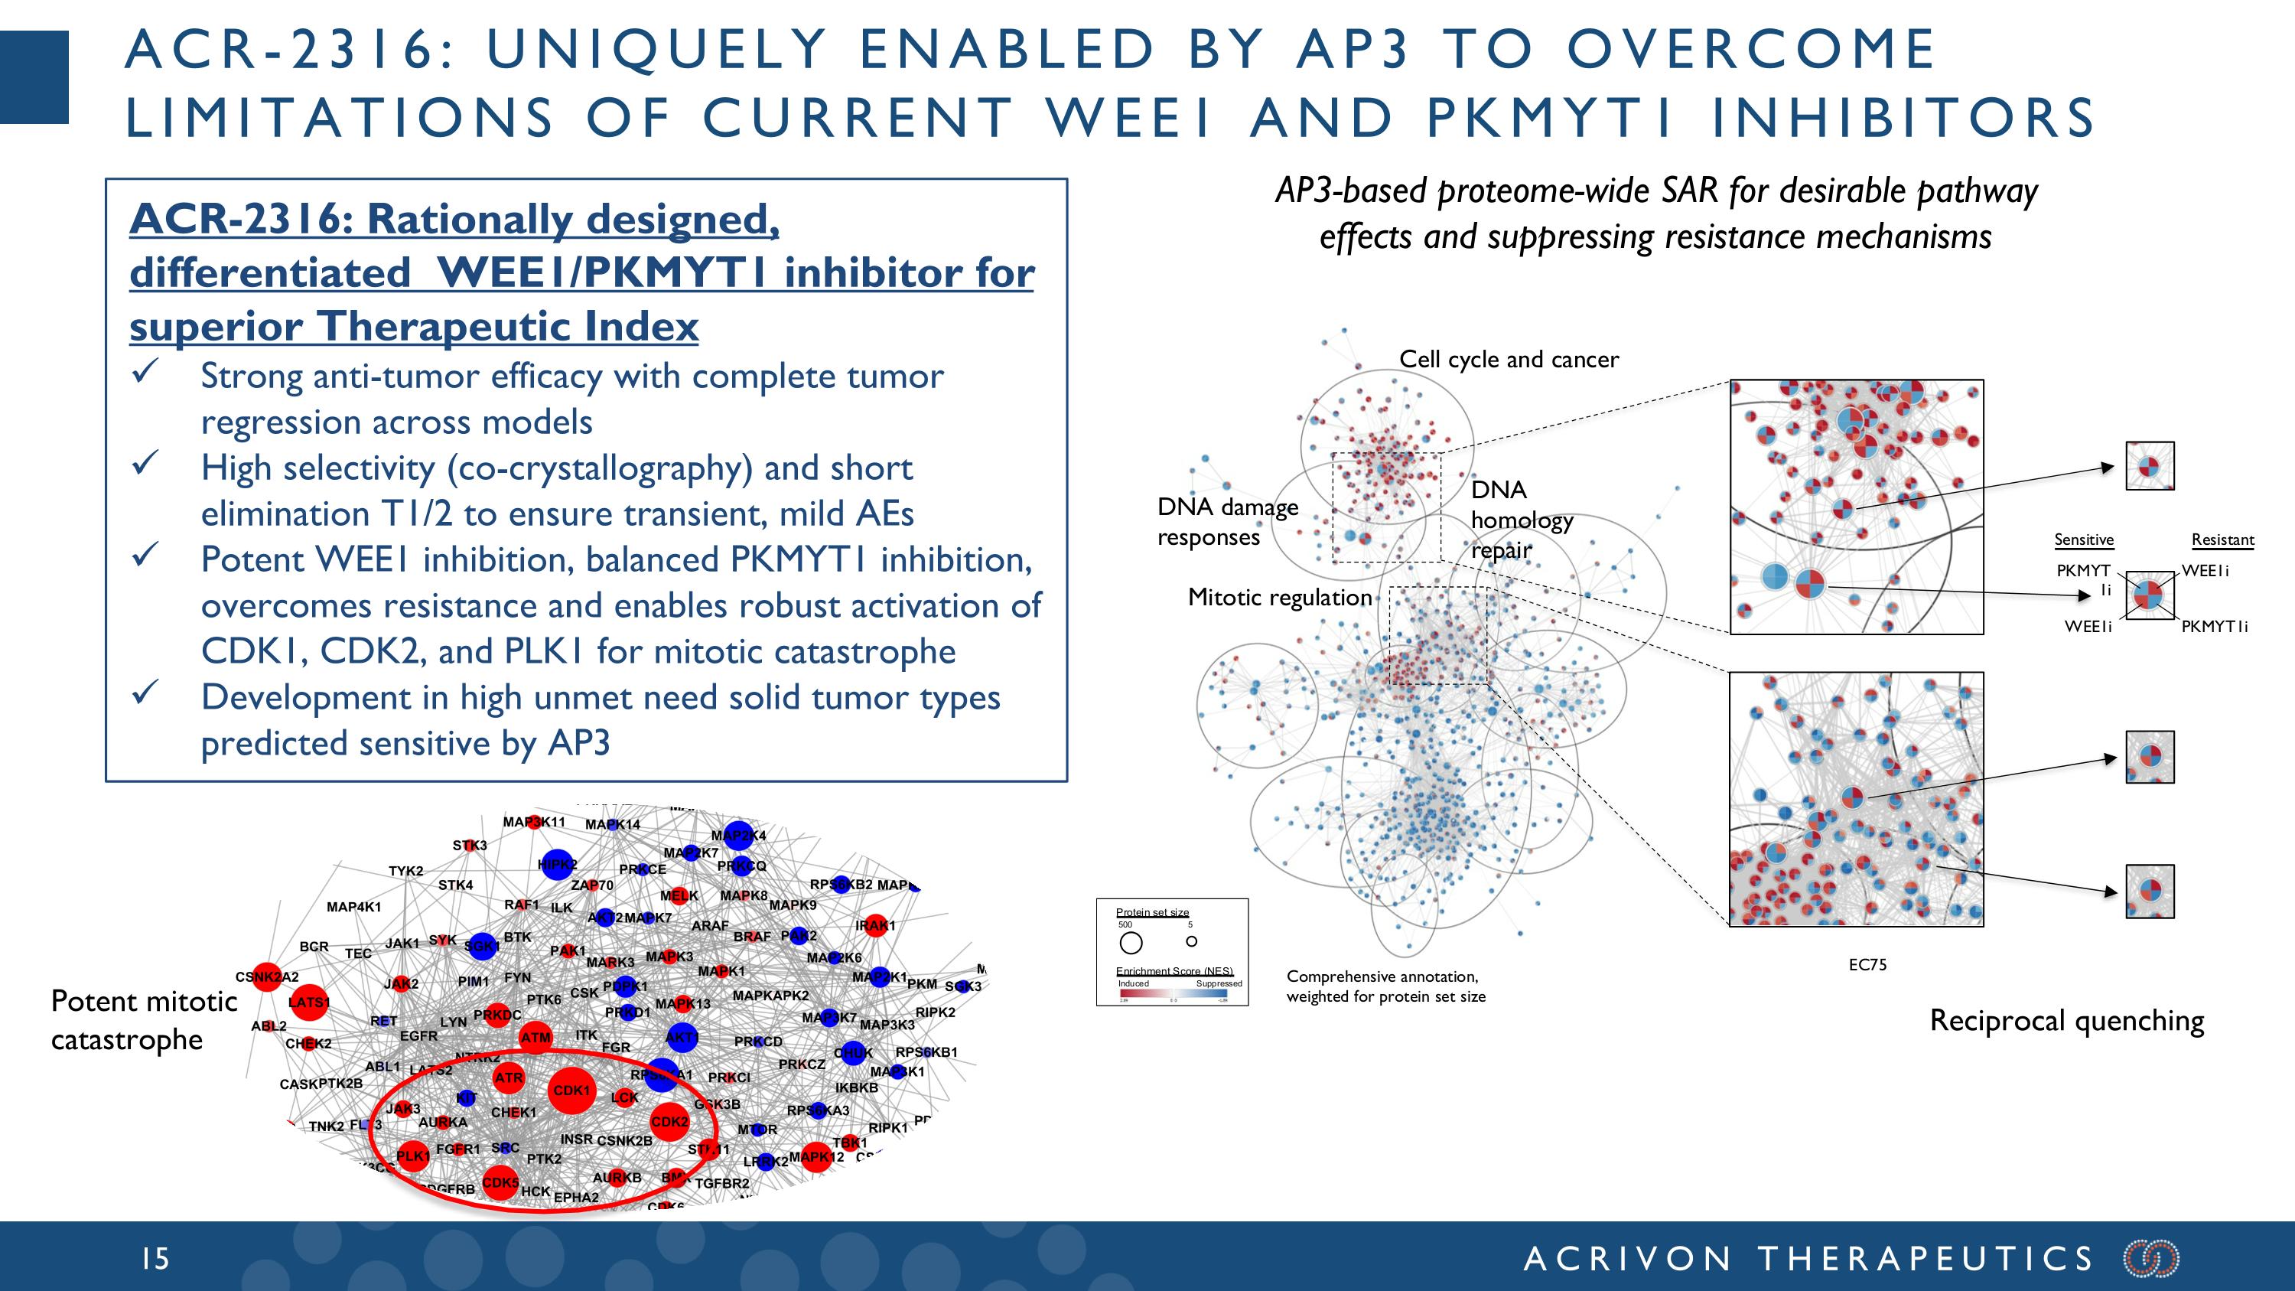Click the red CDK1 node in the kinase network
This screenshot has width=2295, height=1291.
571,1090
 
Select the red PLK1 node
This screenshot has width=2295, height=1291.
412,1156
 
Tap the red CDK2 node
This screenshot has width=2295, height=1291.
669,1122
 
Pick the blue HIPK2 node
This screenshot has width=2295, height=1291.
557,864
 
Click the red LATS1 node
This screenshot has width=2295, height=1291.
309,1002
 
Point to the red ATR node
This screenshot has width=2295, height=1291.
509,1077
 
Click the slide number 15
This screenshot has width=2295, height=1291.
155,1258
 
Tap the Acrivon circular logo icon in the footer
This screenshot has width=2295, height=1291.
2150,1258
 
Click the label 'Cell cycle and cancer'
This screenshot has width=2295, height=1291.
1509,359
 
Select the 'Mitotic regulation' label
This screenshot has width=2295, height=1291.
1279,597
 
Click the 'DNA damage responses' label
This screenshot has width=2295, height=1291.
1227,522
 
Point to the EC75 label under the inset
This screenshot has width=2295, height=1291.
1867,964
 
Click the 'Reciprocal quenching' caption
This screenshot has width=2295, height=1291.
2066,1020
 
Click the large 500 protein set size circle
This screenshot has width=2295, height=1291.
1131,943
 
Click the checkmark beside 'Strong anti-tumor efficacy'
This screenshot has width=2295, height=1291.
145,371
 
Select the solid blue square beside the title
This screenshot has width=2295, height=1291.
34,77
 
